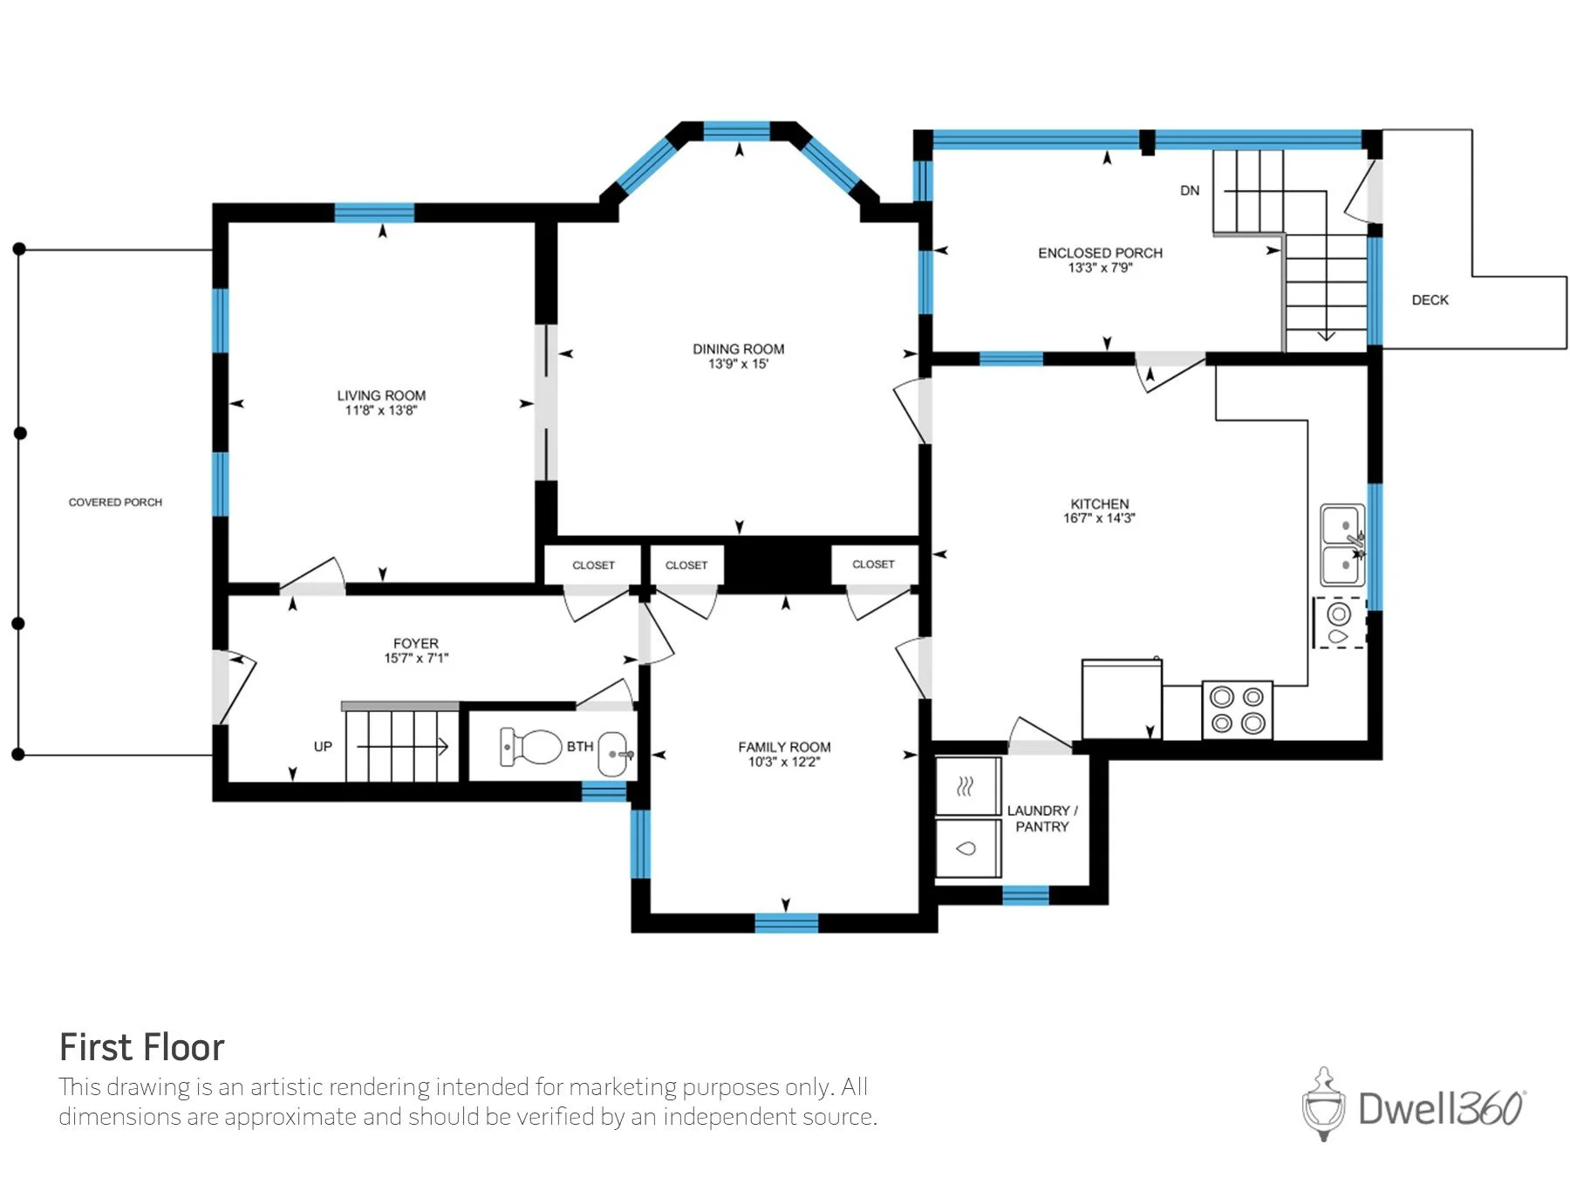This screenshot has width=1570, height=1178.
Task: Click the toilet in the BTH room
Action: (530, 747)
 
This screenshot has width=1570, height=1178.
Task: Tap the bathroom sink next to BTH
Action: (614, 753)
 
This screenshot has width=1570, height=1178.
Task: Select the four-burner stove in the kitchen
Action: (1238, 710)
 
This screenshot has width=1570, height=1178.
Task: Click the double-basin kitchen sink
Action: (1343, 544)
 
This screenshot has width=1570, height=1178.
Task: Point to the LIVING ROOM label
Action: (381, 395)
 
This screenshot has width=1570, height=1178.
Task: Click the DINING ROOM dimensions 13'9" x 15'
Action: (738, 364)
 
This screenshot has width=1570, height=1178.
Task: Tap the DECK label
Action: (1430, 300)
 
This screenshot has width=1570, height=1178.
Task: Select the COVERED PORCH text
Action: (115, 503)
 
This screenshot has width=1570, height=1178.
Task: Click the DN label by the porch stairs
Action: (1190, 190)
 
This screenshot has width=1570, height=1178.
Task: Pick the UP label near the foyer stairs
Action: (323, 747)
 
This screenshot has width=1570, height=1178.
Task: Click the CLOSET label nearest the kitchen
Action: (873, 565)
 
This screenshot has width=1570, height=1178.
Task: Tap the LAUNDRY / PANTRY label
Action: (1042, 818)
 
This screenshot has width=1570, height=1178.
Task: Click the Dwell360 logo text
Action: (1441, 1108)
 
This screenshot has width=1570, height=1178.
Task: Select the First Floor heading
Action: (141, 1047)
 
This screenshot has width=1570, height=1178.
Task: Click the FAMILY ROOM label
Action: (784, 747)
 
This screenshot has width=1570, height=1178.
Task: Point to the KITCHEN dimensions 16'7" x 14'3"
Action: (1099, 518)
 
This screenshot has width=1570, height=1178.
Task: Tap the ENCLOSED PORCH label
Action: (1100, 253)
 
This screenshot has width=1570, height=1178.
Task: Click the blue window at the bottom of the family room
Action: (786, 922)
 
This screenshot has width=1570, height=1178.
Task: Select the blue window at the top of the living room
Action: (374, 213)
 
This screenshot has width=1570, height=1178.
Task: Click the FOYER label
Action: (416, 643)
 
